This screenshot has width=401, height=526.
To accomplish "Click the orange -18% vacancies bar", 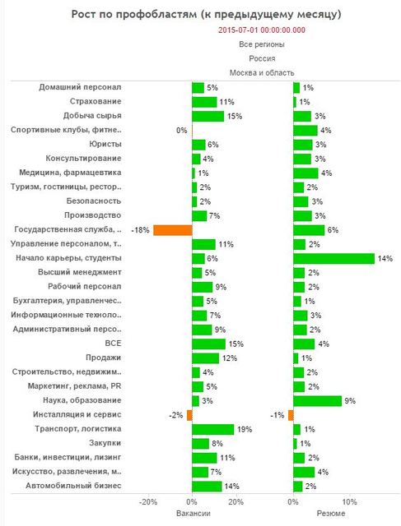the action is tap(173, 230).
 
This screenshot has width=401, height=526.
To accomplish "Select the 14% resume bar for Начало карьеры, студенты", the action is tap(333, 259).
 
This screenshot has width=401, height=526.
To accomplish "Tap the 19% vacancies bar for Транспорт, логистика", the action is tap(212, 429).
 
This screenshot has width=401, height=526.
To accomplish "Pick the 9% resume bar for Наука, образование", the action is tap(317, 401).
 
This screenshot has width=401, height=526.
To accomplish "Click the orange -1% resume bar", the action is tap(291, 415).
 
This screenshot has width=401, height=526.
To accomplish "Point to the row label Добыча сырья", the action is tap(92, 116).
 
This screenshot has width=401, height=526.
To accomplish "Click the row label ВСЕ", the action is tap(113, 344).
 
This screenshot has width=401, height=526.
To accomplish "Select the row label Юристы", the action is tap(105, 145).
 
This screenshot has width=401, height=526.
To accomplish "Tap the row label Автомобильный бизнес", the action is tap(73, 486).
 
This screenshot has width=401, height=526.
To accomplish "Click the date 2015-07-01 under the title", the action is tap(238, 30).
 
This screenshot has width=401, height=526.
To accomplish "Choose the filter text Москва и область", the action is tap(262, 73).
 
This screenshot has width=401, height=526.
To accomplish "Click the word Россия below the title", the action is tap(262, 58).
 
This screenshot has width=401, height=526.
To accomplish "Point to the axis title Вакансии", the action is tap(194, 513).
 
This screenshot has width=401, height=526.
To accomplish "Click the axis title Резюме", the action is tap(331, 513).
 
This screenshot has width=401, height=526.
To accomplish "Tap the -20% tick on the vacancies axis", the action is tap(148, 502).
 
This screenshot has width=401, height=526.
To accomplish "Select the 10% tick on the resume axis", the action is tap(349, 502).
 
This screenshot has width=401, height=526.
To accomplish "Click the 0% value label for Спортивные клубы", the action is tap(181, 130).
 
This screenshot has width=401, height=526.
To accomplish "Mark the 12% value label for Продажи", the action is tap(230, 358).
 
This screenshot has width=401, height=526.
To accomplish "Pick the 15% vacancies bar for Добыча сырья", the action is tap(207, 116).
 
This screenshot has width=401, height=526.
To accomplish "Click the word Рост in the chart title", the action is tap(83, 15).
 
